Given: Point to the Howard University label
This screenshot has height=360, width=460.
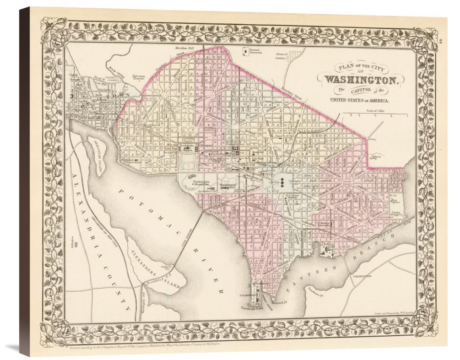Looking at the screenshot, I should (x=255, y=50).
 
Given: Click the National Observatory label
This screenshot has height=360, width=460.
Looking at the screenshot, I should (x=133, y=160).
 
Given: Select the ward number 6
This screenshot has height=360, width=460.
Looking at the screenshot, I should (x=349, y=196).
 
